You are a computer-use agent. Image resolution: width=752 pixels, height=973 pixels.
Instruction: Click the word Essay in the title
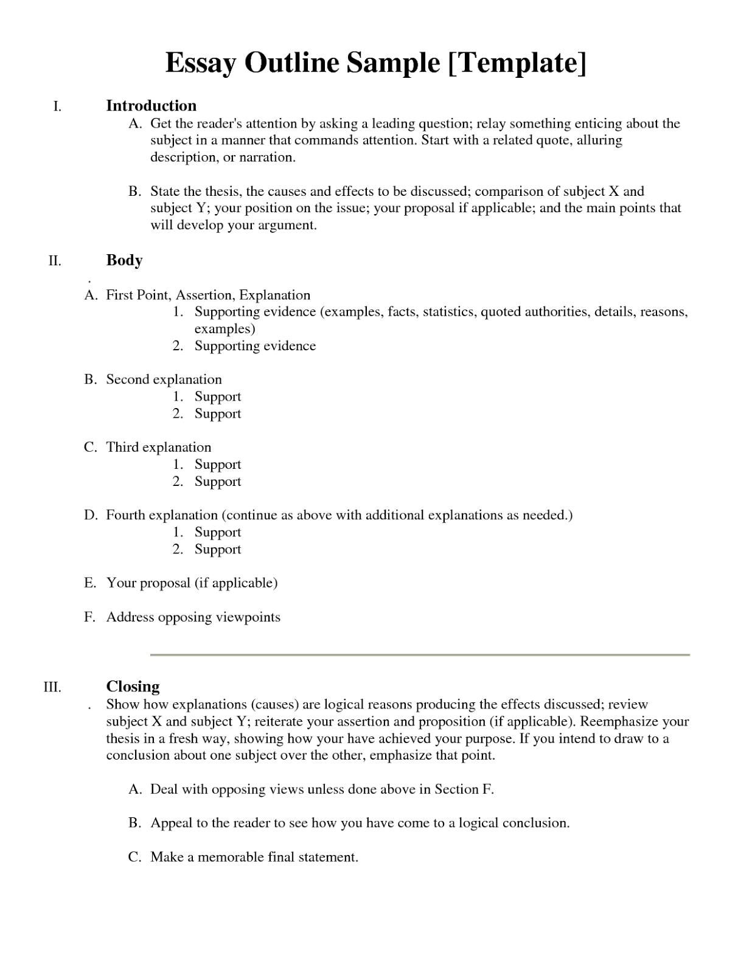pos(200,63)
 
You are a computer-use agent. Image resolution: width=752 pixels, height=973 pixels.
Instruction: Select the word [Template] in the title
pos(517,63)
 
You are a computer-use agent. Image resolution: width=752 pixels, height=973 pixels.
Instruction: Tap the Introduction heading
pos(151,106)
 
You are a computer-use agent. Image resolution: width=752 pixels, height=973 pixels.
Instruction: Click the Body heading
pos(124,260)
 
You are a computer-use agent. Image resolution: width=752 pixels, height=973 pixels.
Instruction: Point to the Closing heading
pos(133,687)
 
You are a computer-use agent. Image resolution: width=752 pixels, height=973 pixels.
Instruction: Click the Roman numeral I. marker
pos(57,107)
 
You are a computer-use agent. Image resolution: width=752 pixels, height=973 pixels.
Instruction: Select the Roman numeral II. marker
pos(55,261)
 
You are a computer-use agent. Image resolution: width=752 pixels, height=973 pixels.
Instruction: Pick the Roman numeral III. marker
pos(52,688)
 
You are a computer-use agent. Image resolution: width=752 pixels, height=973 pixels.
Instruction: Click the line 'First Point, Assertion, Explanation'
pos(208,296)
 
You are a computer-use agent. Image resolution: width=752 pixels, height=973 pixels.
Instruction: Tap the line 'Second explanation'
pos(164,379)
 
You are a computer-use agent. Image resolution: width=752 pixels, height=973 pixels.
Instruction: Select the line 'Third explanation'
pos(158,448)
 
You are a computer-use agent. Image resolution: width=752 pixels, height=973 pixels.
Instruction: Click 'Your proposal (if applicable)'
pos(192,583)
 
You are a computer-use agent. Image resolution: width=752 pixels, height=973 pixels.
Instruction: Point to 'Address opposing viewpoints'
pos(193,617)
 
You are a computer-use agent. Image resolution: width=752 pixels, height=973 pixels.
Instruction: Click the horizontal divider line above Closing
pos(420,655)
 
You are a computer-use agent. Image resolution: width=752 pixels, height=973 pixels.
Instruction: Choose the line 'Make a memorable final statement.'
pos(254,857)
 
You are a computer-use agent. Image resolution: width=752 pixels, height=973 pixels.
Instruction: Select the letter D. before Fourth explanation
pos(91,516)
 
